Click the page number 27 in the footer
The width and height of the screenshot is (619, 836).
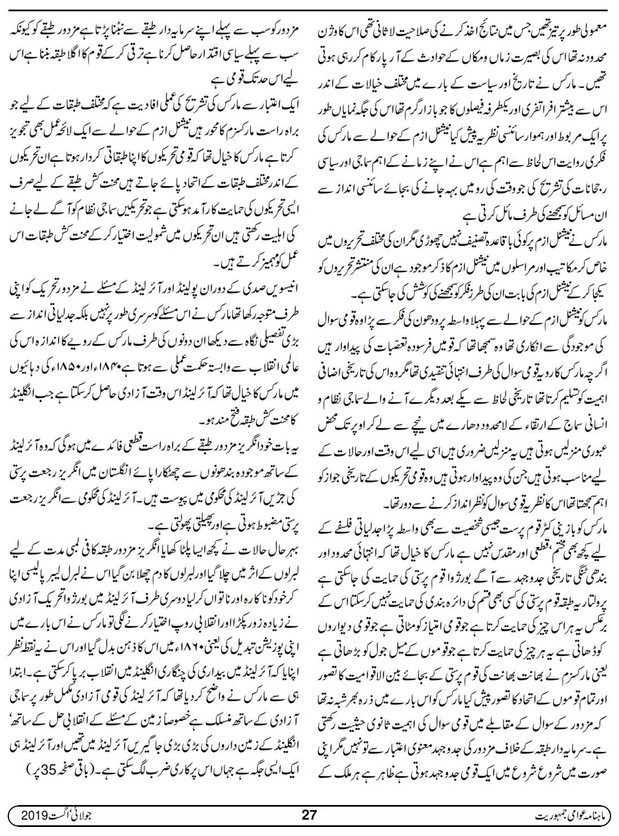coord(309,815)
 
